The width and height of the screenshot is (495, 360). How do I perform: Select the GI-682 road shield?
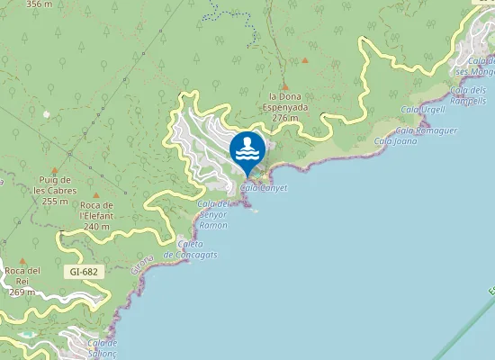(x=84, y=271)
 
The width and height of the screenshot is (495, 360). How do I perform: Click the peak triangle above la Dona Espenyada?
(x=285, y=87)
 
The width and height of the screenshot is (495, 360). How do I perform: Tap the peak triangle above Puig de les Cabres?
(x=55, y=170)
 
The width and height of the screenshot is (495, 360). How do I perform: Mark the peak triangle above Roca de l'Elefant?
(x=96, y=195)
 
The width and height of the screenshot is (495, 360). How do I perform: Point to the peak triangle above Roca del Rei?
(x=22, y=261)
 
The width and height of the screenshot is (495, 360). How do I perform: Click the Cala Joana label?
(x=394, y=140)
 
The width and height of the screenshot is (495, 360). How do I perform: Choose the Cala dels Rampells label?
(x=467, y=95)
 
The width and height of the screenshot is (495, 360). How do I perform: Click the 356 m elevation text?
(x=40, y=4)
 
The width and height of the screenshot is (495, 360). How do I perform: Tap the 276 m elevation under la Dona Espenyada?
(x=284, y=118)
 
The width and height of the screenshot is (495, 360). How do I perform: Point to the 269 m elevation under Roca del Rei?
(x=22, y=292)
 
